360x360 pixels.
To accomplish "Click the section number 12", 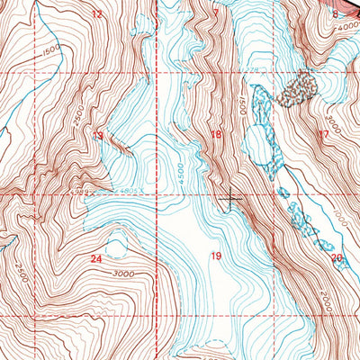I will pos(97,15).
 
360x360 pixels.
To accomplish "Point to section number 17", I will pos(323,135).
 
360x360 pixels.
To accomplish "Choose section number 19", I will pos(215,256).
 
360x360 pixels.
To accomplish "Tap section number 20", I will pos(337,258).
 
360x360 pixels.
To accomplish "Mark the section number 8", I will pos(336,14).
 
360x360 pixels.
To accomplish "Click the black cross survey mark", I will pos(231,197).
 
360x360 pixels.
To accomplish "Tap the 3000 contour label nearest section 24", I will pos(125,274).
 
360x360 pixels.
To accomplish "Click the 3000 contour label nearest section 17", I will pos(334,119).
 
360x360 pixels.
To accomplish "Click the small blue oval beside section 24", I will pos(115,245).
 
